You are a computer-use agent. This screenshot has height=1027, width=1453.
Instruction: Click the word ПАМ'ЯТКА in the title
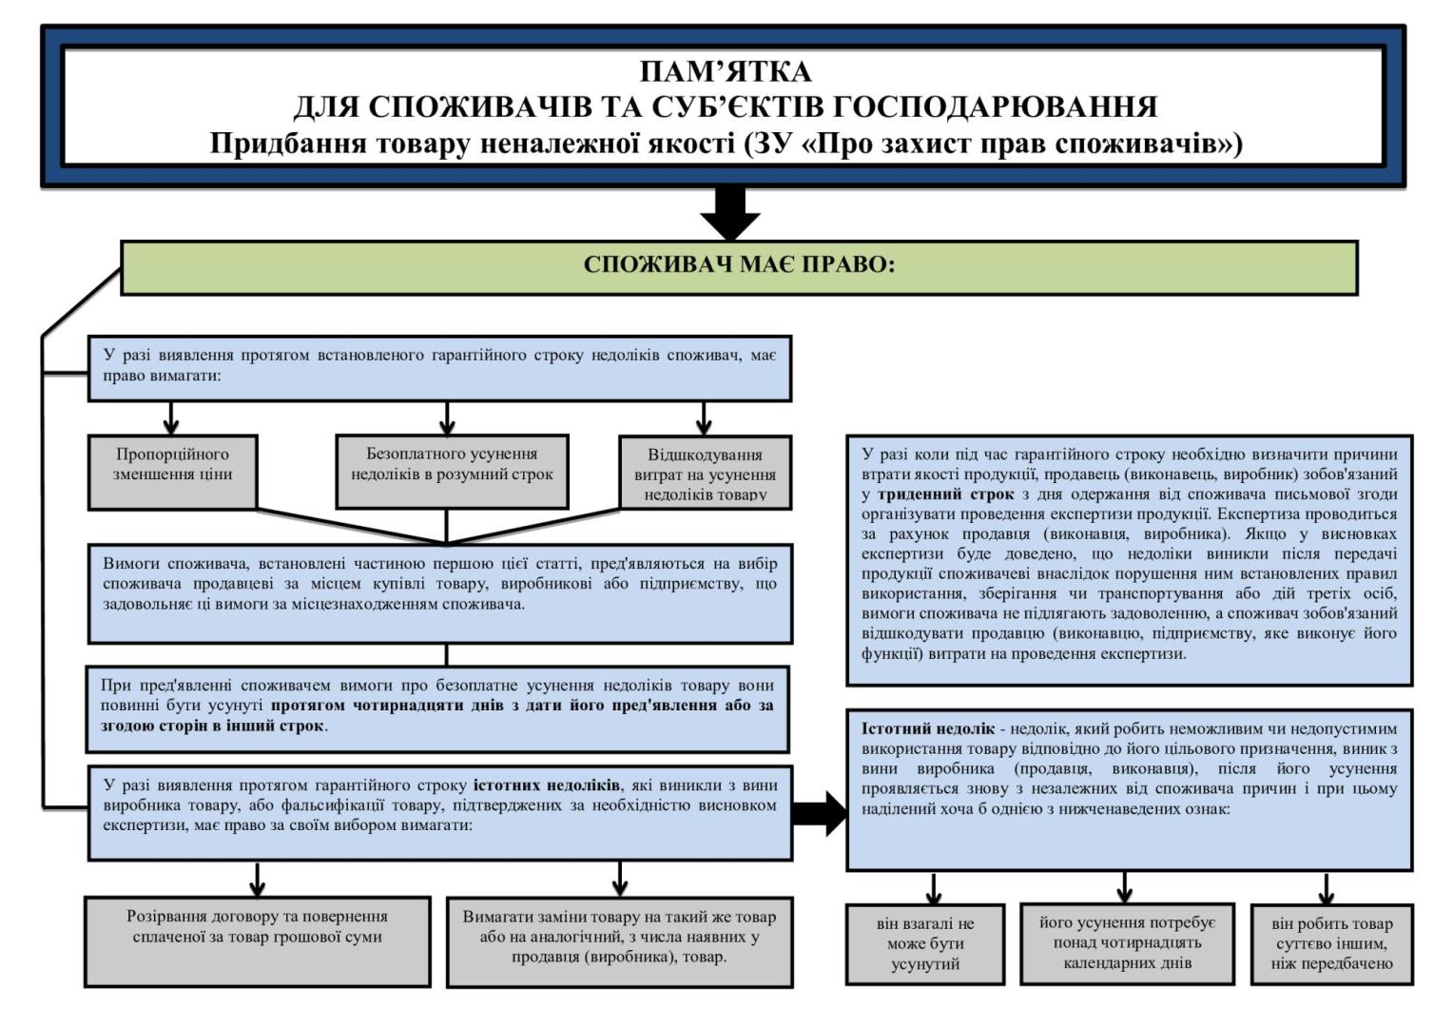point(725,72)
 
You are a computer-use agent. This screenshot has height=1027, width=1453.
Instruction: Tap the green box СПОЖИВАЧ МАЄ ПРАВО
point(739,266)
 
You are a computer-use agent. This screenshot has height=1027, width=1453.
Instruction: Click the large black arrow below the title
point(729,213)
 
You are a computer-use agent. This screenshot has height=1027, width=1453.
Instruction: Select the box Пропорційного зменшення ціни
point(172,472)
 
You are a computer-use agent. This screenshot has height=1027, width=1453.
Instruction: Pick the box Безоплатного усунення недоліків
point(452,472)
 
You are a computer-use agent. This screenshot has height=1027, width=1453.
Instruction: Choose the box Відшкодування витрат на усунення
point(705,473)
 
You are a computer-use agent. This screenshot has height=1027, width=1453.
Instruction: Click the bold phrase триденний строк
point(945,494)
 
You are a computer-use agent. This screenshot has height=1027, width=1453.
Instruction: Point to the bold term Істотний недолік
point(927,729)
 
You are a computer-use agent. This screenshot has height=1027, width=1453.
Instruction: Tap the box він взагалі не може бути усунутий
point(925,943)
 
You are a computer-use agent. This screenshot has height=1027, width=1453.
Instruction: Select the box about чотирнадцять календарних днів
point(1127,942)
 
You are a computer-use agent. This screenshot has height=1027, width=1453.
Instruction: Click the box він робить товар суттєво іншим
point(1330,943)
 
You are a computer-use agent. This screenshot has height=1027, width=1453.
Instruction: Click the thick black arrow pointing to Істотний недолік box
point(819,814)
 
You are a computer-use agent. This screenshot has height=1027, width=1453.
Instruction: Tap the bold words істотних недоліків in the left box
point(547,785)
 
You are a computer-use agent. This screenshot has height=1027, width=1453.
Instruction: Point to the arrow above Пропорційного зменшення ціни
point(171,417)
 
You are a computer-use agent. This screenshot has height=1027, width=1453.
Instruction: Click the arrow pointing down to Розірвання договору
point(257,879)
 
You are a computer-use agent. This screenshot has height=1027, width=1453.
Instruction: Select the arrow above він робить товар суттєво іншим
point(1326,888)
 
